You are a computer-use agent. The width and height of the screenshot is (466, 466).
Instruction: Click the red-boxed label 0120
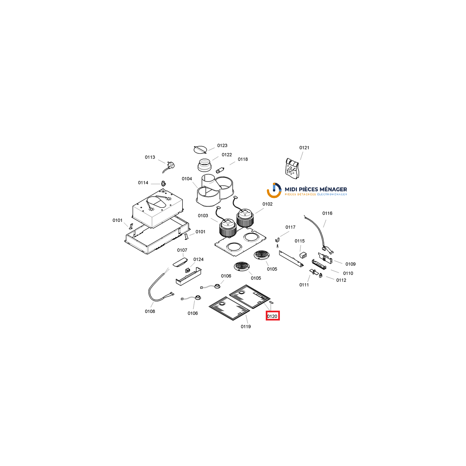point(273,316)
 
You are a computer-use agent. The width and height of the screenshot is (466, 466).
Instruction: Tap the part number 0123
point(222,145)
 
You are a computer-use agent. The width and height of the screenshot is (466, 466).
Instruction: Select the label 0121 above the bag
point(304,147)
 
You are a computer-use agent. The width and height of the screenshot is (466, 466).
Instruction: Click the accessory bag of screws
point(292,168)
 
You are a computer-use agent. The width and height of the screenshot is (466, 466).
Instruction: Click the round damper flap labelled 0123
point(201,150)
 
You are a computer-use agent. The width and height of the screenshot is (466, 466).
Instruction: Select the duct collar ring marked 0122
point(204,165)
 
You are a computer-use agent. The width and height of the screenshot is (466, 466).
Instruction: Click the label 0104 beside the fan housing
point(187,179)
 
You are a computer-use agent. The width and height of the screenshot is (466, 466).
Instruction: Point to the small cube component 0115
point(303,255)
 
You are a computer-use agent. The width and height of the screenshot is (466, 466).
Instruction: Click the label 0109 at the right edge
point(350,264)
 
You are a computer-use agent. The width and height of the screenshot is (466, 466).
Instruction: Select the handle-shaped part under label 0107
point(180,262)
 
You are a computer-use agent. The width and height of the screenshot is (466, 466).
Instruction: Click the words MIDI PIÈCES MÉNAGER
point(316,189)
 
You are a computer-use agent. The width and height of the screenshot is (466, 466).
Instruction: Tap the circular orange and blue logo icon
point(274,190)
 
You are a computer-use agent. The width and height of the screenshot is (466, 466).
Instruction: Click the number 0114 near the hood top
point(143,183)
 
